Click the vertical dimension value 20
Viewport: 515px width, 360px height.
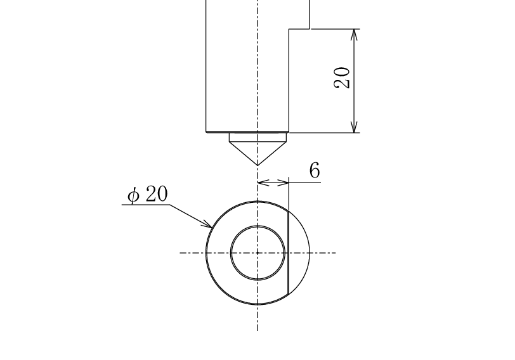click(342, 78)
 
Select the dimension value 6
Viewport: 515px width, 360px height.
click(315, 170)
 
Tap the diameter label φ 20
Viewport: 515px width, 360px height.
click(148, 194)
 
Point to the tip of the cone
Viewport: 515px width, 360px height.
click(258, 165)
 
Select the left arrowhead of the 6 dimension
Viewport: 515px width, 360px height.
click(263, 183)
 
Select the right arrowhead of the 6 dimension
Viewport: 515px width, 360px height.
click(283, 183)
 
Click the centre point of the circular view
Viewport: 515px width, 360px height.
click(258, 253)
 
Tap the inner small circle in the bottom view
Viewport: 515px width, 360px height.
click(258, 226)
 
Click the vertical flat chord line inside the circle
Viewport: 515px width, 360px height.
click(289, 253)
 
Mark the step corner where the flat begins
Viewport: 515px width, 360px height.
click(289, 29)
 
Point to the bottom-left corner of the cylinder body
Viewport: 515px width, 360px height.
click(206, 132)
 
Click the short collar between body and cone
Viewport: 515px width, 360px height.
click(258, 137)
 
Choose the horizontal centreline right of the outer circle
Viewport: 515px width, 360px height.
click(323, 253)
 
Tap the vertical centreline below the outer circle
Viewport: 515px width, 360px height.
click(258, 318)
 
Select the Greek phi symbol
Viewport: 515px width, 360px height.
click(133, 196)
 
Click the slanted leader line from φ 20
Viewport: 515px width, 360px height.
click(191, 216)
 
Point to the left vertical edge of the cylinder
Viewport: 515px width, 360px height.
click(206, 66)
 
